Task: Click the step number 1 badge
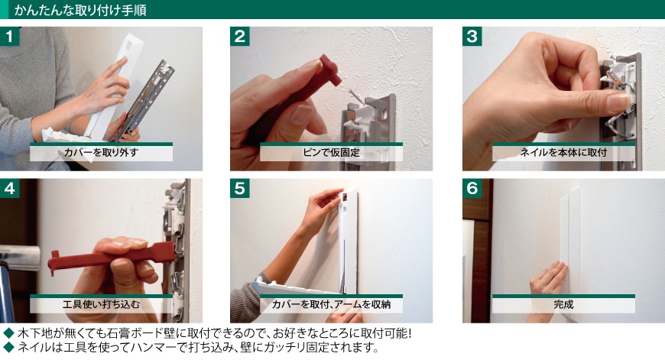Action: pos(9,37)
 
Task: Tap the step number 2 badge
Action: pos(239,37)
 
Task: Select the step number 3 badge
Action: pos(472,37)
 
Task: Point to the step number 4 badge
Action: pos(9,188)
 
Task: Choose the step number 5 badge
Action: pos(239,188)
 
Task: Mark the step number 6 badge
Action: pos(472,188)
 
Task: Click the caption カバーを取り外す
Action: pos(101,153)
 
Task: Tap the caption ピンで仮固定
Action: pos(331,153)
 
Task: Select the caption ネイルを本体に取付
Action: pos(563,153)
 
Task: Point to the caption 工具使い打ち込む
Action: pos(101,304)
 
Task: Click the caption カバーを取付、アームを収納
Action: pos(331,304)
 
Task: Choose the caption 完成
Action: pos(563,304)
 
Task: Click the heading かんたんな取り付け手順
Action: pos(80,10)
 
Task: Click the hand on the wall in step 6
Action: pos(548,279)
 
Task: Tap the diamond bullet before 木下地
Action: pos(8,333)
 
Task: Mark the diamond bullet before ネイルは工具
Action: pos(8,348)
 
